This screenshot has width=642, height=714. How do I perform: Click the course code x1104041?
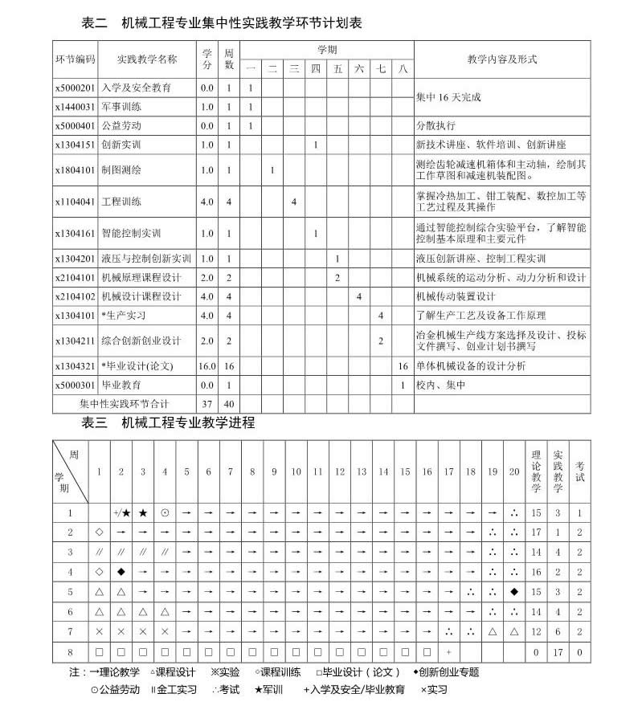pyautogui.click(x=75, y=202)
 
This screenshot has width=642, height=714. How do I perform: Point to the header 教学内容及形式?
pyautogui.click(x=501, y=59)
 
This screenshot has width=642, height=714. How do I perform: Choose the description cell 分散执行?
pyautogui.click(x=435, y=126)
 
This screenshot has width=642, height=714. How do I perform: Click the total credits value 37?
pyautogui.click(x=207, y=403)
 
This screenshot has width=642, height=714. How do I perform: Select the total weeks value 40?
pyautogui.click(x=229, y=403)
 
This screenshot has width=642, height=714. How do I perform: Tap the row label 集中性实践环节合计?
pyautogui.click(x=125, y=403)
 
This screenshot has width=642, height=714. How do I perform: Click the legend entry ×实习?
pyautogui.click(x=434, y=689)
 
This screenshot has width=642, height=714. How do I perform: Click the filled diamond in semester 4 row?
pyautogui.click(x=121, y=572)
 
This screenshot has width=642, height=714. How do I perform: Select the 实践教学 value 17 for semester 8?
pyautogui.click(x=558, y=652)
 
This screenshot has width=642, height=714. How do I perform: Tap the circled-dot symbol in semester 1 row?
pyautogui.click(x=165, y=512)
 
